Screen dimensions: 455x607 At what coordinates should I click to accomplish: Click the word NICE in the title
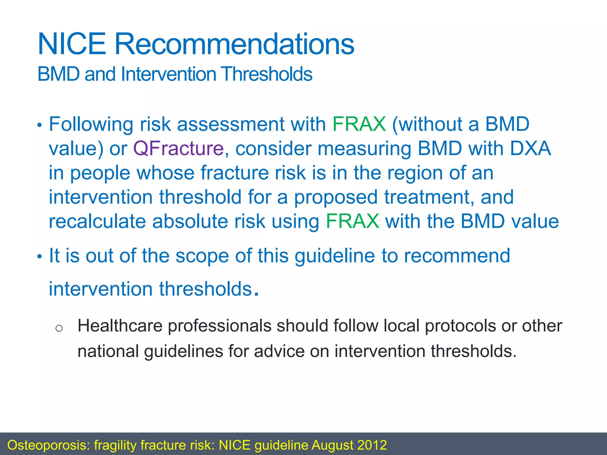coord(72,44)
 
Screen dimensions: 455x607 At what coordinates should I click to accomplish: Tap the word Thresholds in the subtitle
coord(266,74)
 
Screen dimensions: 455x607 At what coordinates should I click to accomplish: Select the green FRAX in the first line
coord(359,124)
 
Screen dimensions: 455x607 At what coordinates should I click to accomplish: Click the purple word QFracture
coord(178,148)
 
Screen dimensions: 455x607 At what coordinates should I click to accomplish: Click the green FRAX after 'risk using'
coord(352,221)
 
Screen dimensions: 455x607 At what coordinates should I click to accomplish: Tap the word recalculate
coord(97,221)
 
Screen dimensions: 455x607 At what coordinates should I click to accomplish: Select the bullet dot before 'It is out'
coord(40,257)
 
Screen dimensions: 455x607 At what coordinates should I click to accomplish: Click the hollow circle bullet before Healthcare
coord(59,328)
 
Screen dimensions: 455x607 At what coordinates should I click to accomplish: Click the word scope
coord(202,256)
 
